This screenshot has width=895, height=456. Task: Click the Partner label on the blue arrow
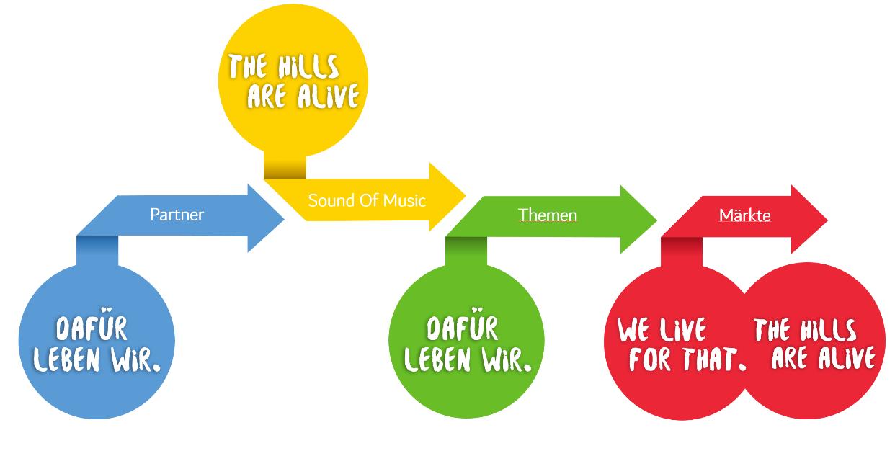tap(177, 215)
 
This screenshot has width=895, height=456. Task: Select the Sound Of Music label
tap(367, 200)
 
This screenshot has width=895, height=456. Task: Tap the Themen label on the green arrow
tap(548, 215)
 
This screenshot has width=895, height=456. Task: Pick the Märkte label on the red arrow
tap(744, 215)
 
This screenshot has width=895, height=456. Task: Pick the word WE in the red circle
tap(633, 331)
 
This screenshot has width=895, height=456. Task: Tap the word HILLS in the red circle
tap(829, 331)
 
